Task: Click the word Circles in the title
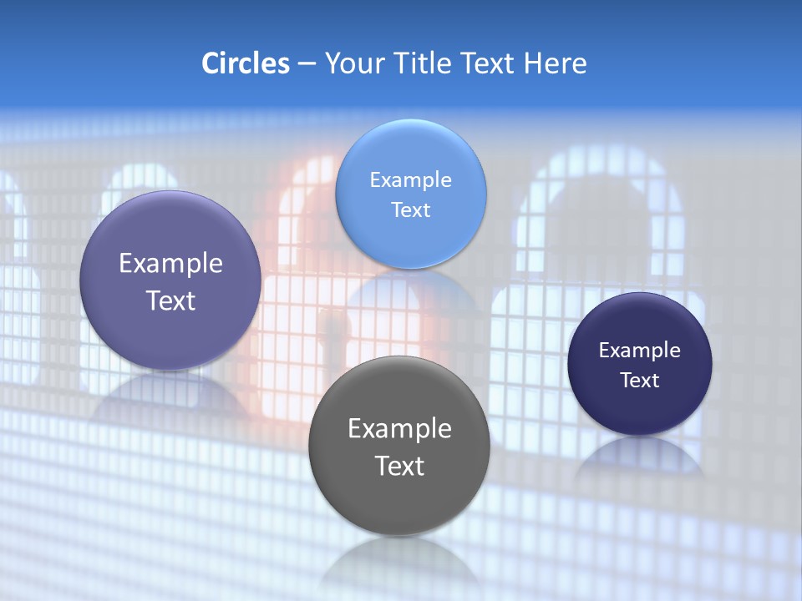coord(246,63)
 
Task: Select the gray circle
coord(399,501)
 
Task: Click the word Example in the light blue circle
coord(411,180)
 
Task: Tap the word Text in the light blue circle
coord(411,210)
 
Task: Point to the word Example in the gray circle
coord(399,429)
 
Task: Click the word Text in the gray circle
coord(399,466)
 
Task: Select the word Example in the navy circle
coord(640,351)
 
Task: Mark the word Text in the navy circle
coord(640,381)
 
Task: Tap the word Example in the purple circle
coord(170,264)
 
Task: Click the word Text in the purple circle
coord(170,300)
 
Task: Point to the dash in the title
coord(307,63)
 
